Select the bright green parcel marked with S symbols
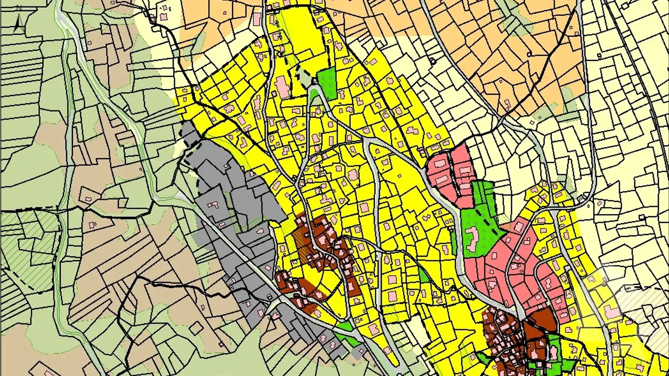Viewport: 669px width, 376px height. click(327, 83)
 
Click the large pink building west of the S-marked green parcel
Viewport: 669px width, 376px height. click(282, 87)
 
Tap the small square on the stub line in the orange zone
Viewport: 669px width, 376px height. click(433, 60)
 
